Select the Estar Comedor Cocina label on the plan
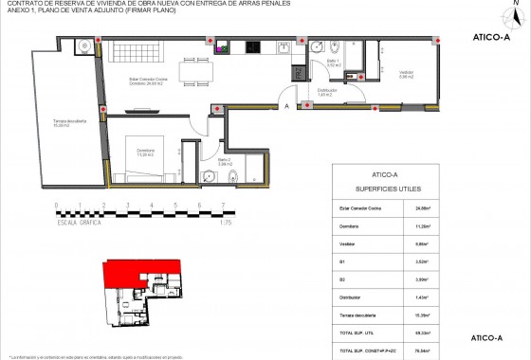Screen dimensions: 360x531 coord(146,81)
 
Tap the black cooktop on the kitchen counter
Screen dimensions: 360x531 coord(253,47)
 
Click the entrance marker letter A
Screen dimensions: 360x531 coord(286,107)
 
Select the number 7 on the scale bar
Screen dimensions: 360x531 coord(222,206)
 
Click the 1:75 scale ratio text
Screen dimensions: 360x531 coord(225,222)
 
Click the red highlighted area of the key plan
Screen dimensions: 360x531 coord(128,276)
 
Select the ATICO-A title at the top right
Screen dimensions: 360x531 coord(486,39)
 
